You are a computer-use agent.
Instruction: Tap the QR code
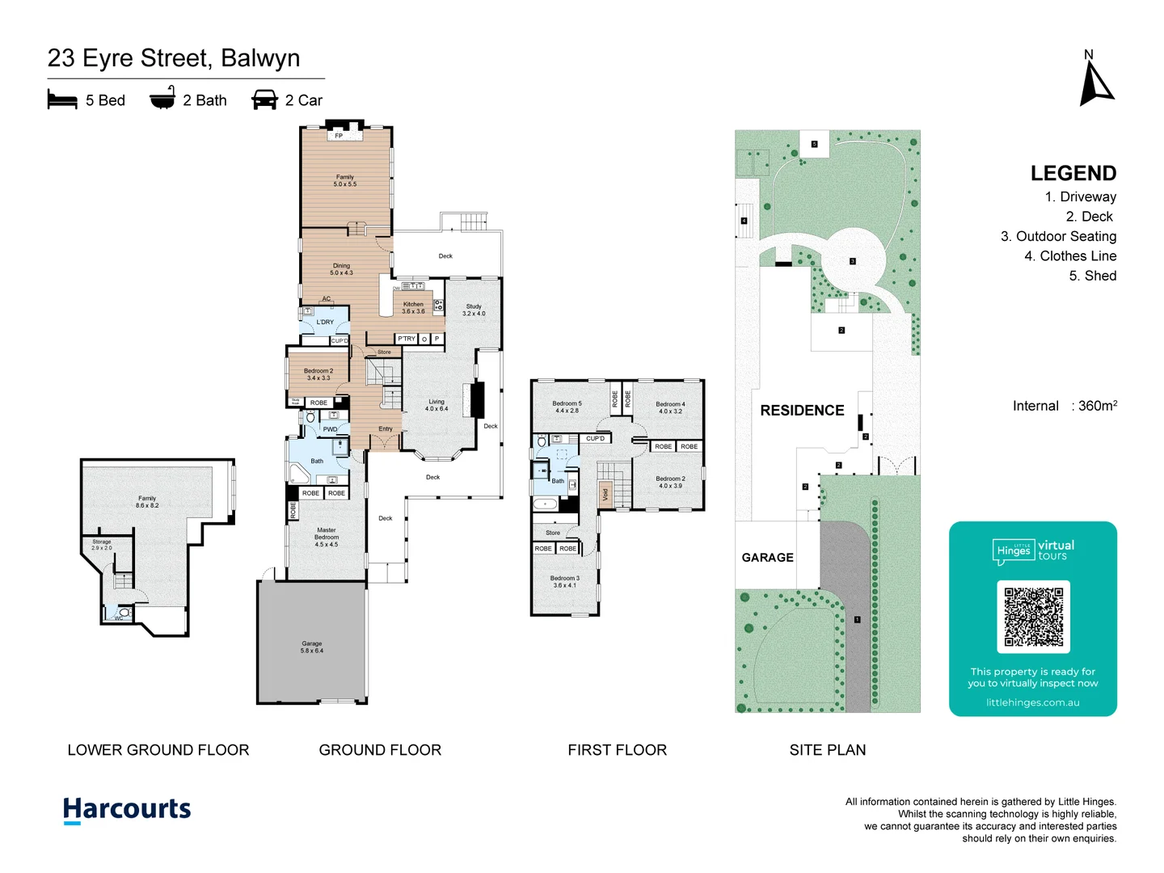coord(1033,617)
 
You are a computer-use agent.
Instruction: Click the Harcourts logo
coord(127,809)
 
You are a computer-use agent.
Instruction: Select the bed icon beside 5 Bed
coord(62,100)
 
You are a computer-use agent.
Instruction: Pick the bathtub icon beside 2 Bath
coord(162,99)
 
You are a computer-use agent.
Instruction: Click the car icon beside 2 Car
coord(264,100)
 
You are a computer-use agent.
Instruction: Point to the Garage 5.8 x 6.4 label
coord(312,647)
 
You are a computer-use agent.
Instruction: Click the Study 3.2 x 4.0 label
coord(474,310)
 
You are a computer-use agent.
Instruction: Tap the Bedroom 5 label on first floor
coord(567,407)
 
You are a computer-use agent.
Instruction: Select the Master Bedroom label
coord(327,538)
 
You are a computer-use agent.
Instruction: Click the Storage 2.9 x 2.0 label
coord(102,545)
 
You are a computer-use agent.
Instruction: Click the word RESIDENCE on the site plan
coord(802,411)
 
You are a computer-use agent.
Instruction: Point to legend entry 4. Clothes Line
coord(1069,256)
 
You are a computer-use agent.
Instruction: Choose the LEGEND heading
coord(1073,173)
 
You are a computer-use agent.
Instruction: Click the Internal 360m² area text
coord(1065,406)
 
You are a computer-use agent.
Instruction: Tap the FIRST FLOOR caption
coord(617,750)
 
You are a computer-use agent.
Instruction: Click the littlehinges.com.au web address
coord(1032,702)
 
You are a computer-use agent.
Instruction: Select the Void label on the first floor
coord(605,494)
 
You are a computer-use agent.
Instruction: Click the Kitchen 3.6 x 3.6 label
coord(413,307)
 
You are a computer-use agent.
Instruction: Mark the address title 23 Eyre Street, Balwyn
coord(174,58)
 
